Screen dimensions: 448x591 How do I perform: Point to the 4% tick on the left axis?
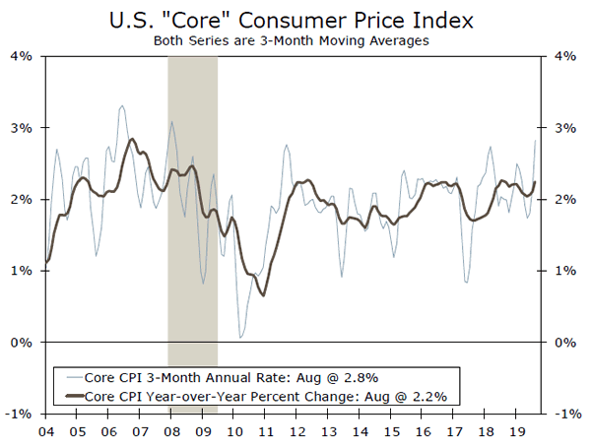pos(23,56)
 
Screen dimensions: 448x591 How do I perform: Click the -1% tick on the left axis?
pos(22,414)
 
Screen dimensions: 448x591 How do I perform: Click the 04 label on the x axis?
pos(45,431)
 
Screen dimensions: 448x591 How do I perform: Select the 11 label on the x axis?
pos(266,431)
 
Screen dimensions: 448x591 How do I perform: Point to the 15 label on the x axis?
pos(392,431)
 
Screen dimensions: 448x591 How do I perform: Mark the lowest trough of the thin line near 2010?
pos(241,338)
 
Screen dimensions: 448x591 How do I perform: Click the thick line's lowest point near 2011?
pos(263,294)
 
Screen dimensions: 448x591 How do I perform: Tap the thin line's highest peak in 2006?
pos(121,105)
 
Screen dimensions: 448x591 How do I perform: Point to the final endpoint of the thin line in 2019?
pos(536,141)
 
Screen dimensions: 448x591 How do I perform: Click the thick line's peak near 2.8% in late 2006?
pos(133,139)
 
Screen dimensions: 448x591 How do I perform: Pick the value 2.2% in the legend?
pos(428,396)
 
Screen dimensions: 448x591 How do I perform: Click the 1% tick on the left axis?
pos(23,271)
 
